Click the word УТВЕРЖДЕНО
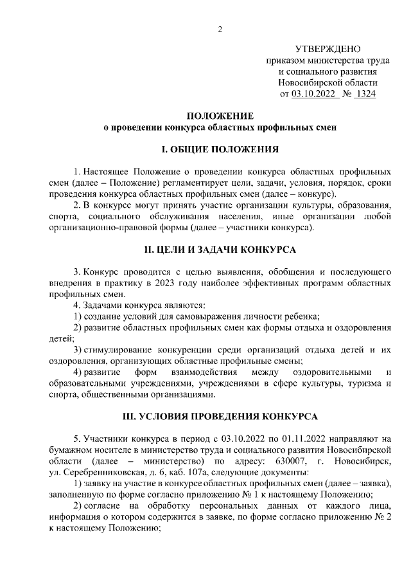[x=328, y=50]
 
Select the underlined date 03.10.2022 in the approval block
[x=315, y=94]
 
